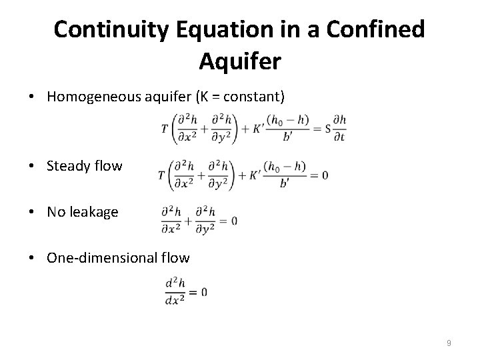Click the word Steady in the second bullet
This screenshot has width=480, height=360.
pyautogui.click(x=67, y=165)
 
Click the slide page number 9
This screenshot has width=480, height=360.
pyautogui.click(x=449, y=343)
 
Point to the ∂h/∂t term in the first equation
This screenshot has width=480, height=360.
pyautogui.click(x=339, y=128)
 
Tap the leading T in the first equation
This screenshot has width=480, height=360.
pyautogui.click(x=164, y=128)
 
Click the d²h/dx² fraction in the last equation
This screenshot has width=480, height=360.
pyautogui.click(x=175, y=291)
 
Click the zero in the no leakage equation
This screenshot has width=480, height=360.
pyautogui.click(x=233, y=221)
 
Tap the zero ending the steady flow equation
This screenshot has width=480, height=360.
pyautogui.click(x=324, y=175)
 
